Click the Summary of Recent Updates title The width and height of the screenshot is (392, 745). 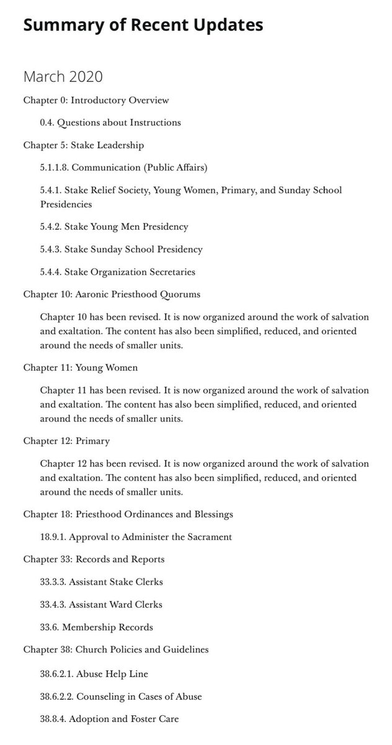tap(143, 25)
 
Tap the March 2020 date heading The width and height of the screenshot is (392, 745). tap(63, 77)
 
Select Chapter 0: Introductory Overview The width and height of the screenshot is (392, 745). tap(96, 100)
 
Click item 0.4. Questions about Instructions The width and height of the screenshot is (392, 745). tap(110, 122)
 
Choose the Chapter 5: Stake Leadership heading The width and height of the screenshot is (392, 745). tap(84, 145)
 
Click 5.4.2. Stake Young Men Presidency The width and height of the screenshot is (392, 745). tap(114, 227)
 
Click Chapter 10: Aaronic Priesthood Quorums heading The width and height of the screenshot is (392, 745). tap(112, 294)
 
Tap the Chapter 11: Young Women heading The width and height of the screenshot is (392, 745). tap(81, 368)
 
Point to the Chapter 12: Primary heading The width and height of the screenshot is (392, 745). tap(66, 441)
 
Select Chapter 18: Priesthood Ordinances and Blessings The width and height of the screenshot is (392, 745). tap(128, 515)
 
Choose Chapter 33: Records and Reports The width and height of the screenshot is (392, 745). tap(94, 559)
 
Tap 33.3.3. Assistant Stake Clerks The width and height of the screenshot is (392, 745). tap(101, 582)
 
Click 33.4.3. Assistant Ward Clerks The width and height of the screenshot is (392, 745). tap(101, 604)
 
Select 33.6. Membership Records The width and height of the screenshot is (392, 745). tap(96, 627)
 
